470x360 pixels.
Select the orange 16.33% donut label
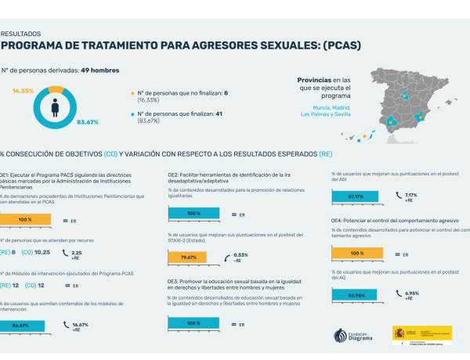pos(23,91)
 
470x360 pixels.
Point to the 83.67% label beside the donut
pos(87,122)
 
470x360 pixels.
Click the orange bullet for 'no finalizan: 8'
pos(132,94)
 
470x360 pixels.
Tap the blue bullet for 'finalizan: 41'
pos(132,114)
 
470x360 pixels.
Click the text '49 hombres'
pos(100,70)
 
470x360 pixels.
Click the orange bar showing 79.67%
pos(188,257)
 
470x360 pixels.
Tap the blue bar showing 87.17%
pos(356,196)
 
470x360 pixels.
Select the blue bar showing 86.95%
pos(356,296)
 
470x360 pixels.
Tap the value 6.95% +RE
pos(413,296)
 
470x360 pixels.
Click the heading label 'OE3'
pos(174,280)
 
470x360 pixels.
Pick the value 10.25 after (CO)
pos(42,252)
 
